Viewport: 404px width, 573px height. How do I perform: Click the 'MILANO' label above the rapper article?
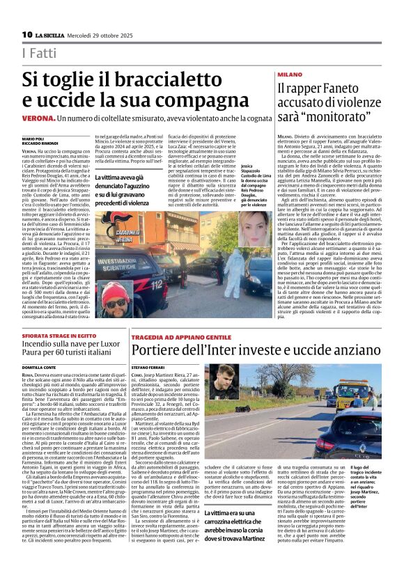(290, 73)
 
